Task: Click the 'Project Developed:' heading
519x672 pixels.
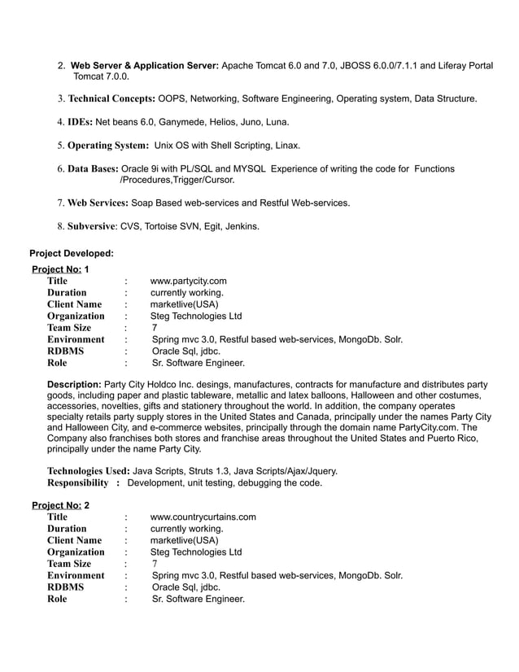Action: pyautogui.click(x=71, y=254)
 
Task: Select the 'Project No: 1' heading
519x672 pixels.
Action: pyautogui.click(x=61, y=268)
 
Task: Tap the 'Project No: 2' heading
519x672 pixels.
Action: pyautogui.click(x=61, y=504)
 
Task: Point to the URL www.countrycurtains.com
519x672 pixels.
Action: pyautogui.click(x=204, y=517)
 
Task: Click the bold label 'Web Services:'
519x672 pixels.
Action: pyautogui.click(x=98, y=202)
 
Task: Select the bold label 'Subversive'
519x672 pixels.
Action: pyautogui.click(x=92, y=225)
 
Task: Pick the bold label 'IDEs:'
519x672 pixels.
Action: pyautogui.click(x=81, y=123)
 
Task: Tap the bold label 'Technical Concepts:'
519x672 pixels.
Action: pyautogui.click(x=112, y=99)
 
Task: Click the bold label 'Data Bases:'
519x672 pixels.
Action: pyautogui.click(x=93, y=168)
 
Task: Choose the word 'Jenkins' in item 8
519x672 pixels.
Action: pyautogui.click(x=241, y=225)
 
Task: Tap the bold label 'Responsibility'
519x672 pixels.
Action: pyautogui.click(x=78, y=482)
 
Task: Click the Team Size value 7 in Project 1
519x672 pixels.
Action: pyautogui.click(x=155, y=328)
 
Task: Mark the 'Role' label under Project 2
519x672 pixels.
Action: pyautogui.click(x=57, y=599)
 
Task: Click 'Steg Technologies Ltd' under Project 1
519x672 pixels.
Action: pyautogui.click(x=197, y=316)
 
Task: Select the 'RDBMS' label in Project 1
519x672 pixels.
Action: pyautogui.click(x=65, y=351)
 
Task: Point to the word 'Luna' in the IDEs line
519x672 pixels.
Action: pyautogui.click(x=274, y=123)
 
